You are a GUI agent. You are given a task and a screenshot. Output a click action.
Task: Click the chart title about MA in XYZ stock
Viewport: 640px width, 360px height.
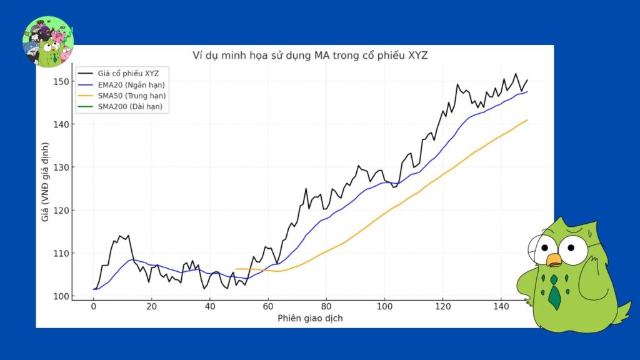310,56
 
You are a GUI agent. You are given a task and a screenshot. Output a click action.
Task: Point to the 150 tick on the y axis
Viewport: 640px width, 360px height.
60,82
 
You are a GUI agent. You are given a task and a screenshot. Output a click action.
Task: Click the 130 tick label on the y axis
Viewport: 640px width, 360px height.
60,167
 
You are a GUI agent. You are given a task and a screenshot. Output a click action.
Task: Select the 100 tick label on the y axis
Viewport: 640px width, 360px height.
60,296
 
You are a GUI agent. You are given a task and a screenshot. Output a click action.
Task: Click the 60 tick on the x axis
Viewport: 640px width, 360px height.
268,307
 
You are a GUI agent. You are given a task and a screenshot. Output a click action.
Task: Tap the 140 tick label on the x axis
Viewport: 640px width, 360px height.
501,307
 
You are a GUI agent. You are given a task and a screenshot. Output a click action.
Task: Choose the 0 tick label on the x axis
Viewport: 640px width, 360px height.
94,307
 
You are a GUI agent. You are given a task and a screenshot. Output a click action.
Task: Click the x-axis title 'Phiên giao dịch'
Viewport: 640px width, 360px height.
310,318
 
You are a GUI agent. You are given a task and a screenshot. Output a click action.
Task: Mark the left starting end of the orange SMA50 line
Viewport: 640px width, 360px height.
236,269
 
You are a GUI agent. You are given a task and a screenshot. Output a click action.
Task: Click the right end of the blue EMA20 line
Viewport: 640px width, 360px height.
527,92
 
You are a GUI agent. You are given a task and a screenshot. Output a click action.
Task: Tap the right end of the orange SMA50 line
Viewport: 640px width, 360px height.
527,120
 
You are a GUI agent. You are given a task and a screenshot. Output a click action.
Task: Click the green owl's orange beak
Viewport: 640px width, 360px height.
552,259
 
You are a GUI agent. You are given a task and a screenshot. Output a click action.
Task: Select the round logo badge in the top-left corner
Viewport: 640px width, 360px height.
48,42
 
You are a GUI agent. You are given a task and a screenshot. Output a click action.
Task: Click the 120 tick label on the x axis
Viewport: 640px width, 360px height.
443,307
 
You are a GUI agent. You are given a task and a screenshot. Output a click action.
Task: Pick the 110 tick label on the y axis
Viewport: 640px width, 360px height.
60,253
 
